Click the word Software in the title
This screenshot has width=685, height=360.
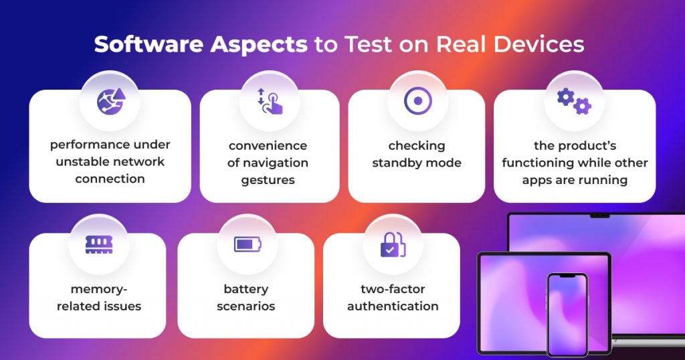(x=149, y=45)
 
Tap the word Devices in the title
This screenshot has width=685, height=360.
(x=539, y=44)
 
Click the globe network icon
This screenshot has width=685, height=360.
(x=111, y=101)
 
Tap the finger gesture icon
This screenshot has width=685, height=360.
(x=270, y=101)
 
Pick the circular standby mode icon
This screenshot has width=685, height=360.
(x=418, y=101)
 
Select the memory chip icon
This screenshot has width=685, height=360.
(x=99, y=245)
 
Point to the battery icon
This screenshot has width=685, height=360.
(x=248, y=244)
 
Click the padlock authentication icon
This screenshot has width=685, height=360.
(x=393, y=244)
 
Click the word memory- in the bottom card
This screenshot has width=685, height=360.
(x=99, y=289)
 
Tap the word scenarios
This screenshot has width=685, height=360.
(x=246, y=306)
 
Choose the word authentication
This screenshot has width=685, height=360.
(x=393, y=306)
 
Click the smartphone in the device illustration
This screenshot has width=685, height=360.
(x=567, y=314)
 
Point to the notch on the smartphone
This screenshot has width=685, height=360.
(x=567, y=276)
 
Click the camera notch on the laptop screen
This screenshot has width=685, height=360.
(x=599, y=216)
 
